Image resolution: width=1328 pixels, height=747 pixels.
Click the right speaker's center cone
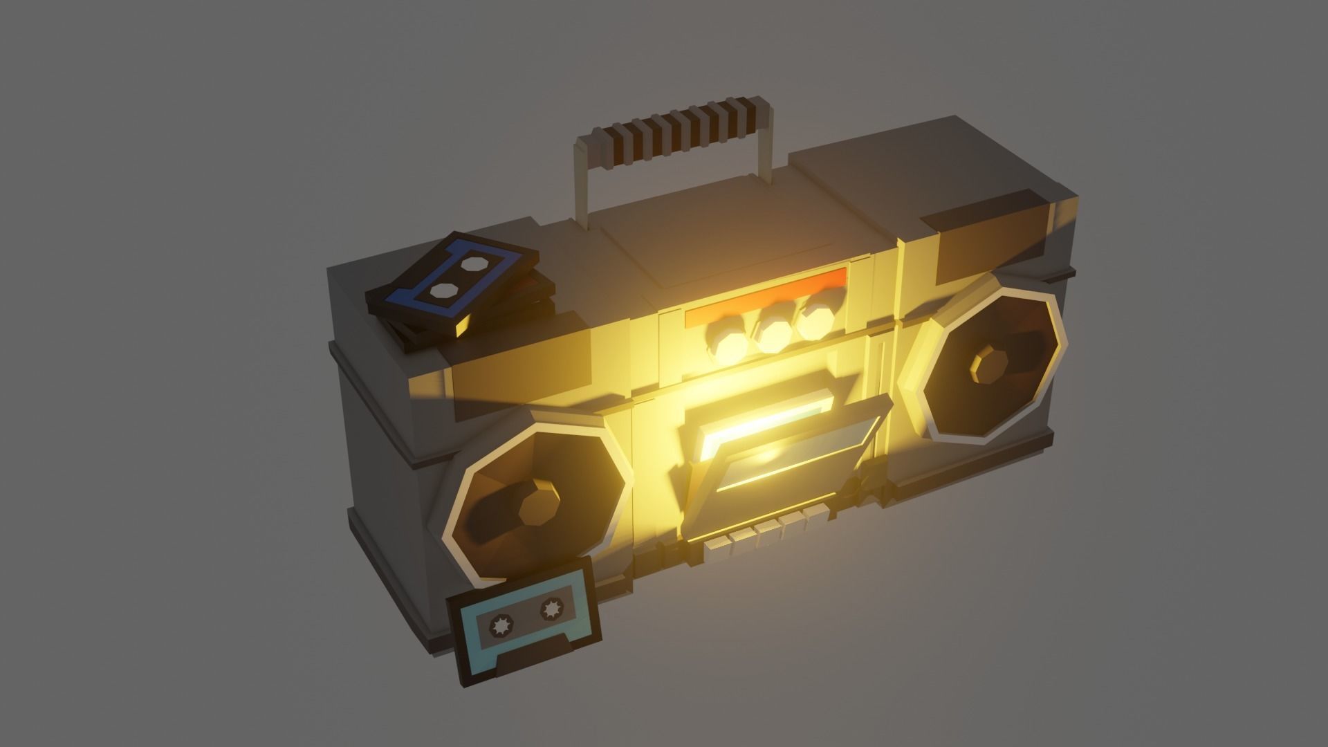[990, 365]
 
